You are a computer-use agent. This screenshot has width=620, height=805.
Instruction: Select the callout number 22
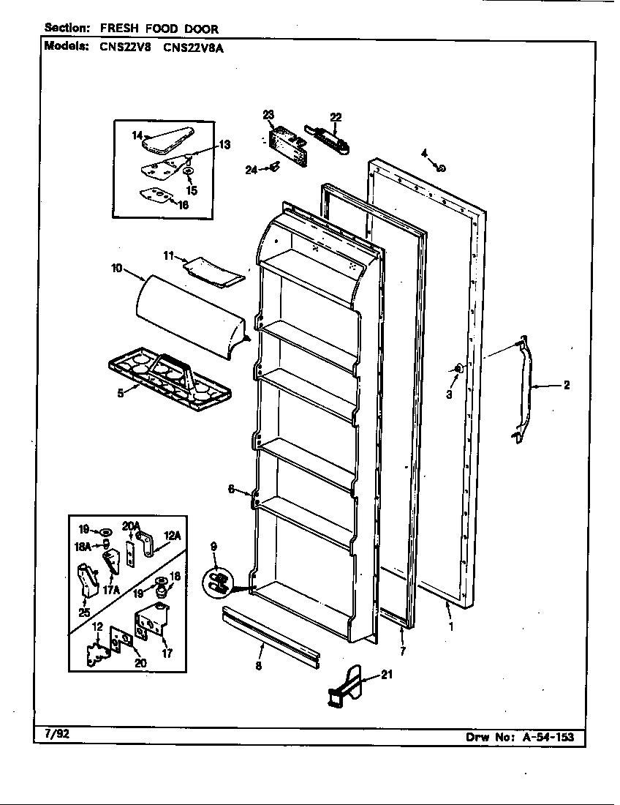336,116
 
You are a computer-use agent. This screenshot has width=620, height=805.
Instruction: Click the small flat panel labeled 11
213,269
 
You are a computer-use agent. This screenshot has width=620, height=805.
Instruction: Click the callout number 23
268,114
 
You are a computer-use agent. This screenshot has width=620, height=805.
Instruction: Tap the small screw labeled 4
442,168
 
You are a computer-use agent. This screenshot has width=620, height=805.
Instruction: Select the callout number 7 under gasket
402,651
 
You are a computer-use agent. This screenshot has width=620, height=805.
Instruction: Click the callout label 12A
172,536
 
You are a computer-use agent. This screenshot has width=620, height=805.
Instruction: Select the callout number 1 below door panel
450,626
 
